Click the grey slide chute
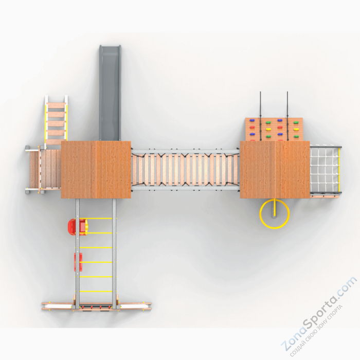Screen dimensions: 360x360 coord(109,90)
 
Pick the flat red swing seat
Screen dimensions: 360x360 coord(78,262)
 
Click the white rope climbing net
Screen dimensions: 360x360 coord(326,169)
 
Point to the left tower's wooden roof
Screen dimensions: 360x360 coord(96,169)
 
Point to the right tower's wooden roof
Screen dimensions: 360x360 coord(275,169)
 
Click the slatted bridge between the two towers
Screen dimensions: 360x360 coord(185,170)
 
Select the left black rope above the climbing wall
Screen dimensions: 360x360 coord(261,105)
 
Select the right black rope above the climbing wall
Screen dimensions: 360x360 coord(287,105)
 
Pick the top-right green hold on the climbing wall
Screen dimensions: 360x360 coord(296,123)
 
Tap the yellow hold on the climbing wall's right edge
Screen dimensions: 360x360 coord(296,129)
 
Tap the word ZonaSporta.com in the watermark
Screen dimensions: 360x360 coord(319,313)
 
